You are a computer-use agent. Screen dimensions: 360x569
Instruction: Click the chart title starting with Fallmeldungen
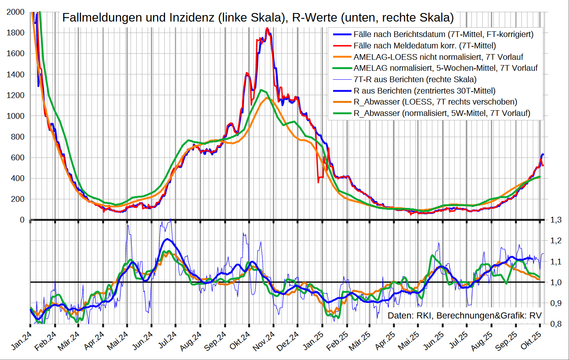(x=258, y=18)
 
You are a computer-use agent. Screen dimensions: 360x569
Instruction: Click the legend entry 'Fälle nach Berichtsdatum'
(x=443, y=35)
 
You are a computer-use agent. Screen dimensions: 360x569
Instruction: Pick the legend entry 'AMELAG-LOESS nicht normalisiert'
(x=438, y=57)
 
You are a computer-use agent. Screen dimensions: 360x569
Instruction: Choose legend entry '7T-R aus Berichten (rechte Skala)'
(x=415, y=79)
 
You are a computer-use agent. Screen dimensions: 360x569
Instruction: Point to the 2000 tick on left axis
(x=15, y=12)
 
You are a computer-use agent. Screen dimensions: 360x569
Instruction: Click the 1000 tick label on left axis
(x=15, y=116)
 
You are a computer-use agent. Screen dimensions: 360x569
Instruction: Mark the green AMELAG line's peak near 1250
(x=261, y=90)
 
